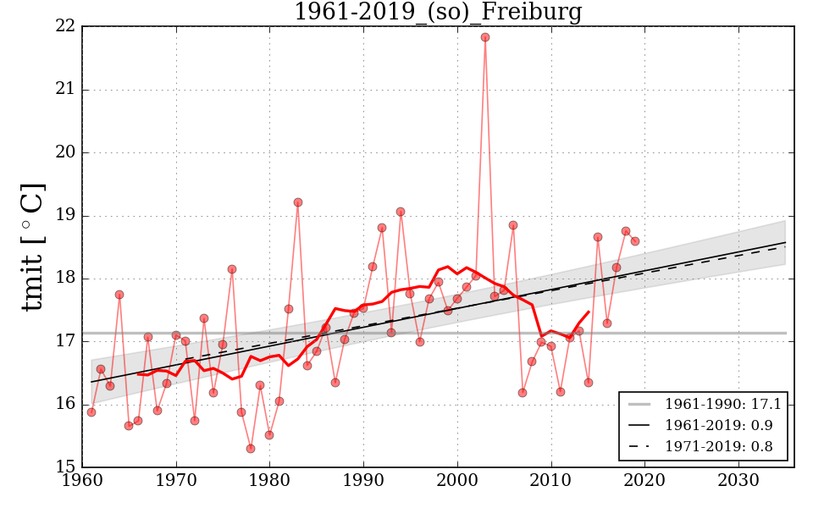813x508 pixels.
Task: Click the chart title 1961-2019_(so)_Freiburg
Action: (438, 12)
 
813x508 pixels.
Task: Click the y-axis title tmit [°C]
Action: (32, 247)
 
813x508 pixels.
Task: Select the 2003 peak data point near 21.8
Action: (485, 37)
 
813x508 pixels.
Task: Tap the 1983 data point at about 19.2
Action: (298, 202)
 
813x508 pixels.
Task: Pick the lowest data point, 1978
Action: (251, 448)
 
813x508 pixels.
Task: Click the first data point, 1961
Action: (91, 412)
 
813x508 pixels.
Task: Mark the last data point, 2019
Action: (635, 241)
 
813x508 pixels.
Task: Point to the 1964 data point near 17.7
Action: (119, 295)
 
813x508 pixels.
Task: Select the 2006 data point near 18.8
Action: (513, 225)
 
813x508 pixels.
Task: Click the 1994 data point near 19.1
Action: (401, 212)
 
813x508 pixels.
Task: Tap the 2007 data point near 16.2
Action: (523, 393)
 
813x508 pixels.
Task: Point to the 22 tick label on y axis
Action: (66, 28)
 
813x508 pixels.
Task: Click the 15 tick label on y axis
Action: (66, 467)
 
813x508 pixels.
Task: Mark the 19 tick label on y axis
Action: (66, 216)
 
